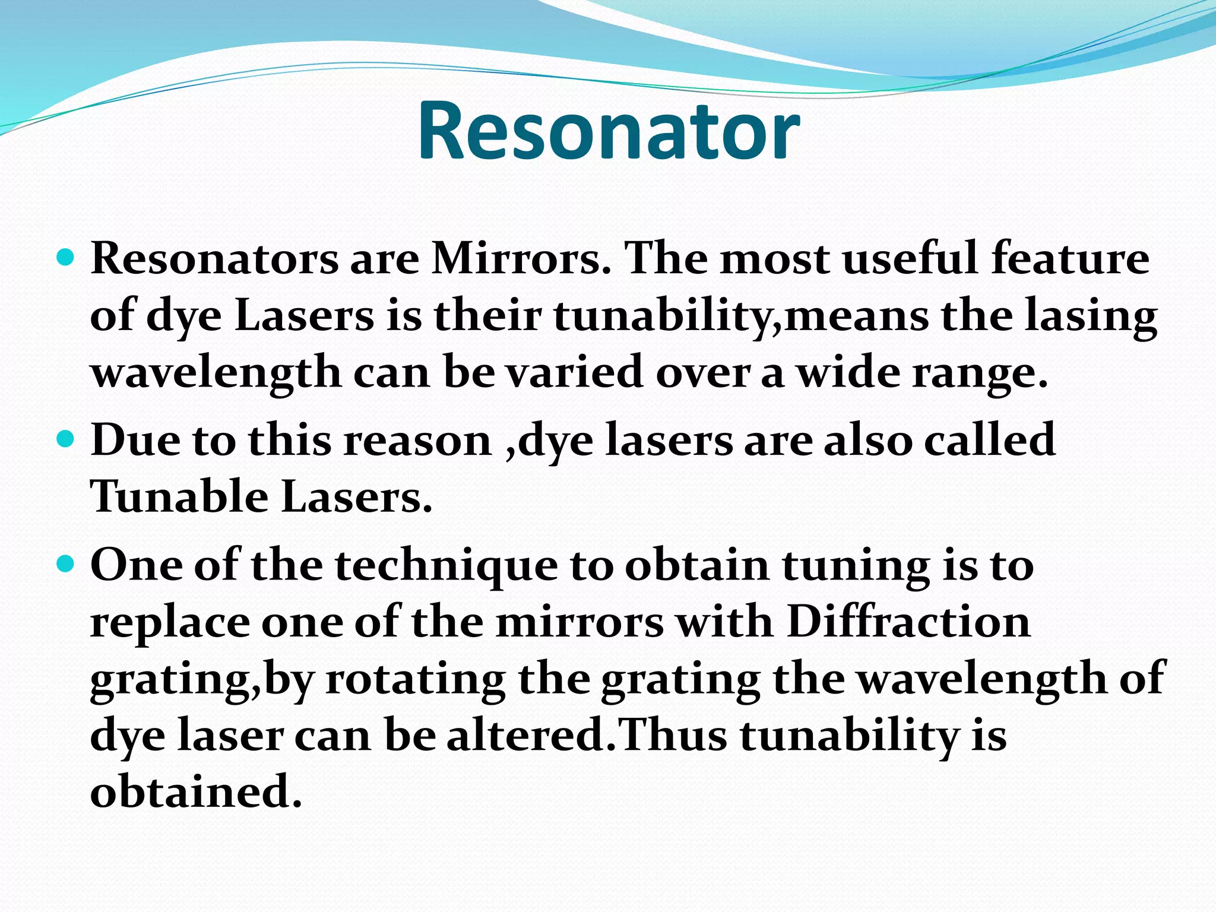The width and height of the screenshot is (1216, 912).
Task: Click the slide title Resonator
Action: [609, 131]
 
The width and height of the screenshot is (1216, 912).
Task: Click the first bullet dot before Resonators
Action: [66, 259]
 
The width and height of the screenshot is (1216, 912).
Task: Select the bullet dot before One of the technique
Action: [66, 563]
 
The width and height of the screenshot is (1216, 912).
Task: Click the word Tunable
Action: [179, 496]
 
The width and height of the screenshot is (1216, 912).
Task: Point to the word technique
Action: [446, 566]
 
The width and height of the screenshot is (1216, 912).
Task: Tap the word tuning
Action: [856, 566]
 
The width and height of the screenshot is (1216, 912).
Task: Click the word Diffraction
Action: [908, 622]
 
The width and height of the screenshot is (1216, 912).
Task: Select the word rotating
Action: [416, 679]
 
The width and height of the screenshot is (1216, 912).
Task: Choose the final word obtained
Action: [196, 791]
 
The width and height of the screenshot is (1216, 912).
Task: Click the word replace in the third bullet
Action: [170, 623]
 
